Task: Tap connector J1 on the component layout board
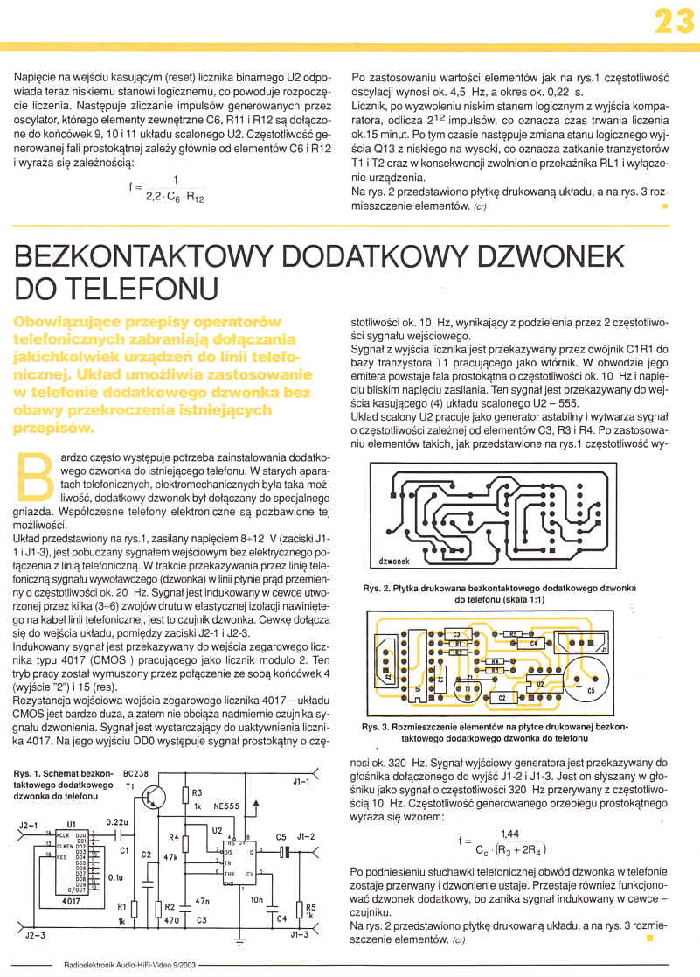click(603, 648)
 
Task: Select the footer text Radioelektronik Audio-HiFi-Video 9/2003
click(131, 966)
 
